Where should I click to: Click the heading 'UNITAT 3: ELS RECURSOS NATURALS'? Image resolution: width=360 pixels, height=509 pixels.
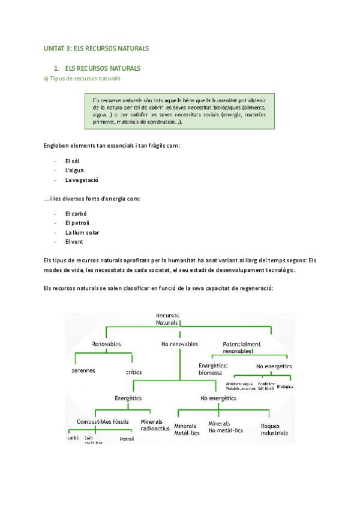coord(96,48)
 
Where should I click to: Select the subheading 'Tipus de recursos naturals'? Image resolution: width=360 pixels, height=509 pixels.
coord(85,79)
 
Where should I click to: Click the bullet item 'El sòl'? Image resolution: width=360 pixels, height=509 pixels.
coord(72,161)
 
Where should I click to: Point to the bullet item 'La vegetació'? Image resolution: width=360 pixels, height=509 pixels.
coord(82,180)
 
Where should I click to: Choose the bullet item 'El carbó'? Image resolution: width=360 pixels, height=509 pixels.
coord(76,213)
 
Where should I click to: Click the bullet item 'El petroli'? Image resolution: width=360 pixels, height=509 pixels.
coord(77,223)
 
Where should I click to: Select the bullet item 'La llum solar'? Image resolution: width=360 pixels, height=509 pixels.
coord(82,232)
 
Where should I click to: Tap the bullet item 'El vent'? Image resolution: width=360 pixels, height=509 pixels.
coord(74,241)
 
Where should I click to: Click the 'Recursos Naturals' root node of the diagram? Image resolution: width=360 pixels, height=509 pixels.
coord(167,319)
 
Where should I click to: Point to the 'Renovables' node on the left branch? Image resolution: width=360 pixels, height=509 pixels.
coord(106,344)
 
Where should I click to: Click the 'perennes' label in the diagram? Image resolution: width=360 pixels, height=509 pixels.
coord(83,370)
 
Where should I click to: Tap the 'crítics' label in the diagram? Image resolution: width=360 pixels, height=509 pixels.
coord(133,372)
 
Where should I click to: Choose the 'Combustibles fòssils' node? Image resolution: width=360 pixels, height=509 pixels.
coord(103,421)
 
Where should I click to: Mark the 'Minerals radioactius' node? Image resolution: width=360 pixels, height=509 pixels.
coord(154,425)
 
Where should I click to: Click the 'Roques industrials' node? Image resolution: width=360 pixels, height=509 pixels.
coord(274,429)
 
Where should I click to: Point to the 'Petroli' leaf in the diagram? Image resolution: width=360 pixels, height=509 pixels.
coord(127,439)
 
